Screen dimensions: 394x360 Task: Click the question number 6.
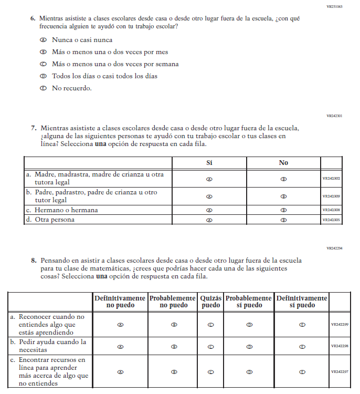tap(33, 18)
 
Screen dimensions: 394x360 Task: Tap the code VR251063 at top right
tap(334, 6)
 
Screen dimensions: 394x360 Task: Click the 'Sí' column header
tap(209, 163)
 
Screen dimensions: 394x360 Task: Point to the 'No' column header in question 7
tap(283, 163)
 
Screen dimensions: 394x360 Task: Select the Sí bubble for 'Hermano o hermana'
tap(209, 210)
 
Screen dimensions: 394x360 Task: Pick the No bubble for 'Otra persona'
tap(283, 220)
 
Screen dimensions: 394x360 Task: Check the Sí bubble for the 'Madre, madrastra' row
tap(209, 179)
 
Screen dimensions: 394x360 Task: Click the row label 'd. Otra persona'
tap(50, 220)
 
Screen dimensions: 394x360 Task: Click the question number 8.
tap(33, 261)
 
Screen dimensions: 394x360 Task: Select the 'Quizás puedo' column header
tap(211, 302)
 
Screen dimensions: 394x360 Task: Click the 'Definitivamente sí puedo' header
tap(302, 302)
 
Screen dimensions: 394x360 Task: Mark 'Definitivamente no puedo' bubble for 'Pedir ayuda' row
tap(121, 347)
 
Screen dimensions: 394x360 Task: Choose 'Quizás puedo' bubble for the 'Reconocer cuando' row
tap(211, 325)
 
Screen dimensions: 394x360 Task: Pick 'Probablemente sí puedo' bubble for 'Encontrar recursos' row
tap(250, 372)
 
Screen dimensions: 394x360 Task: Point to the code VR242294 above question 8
tap(334, 248)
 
